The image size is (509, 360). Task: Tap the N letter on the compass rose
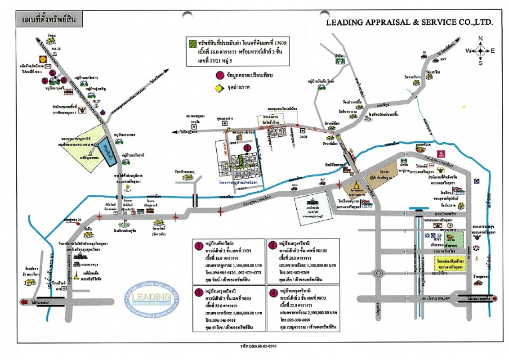480,38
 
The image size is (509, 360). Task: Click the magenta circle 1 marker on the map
246,147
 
